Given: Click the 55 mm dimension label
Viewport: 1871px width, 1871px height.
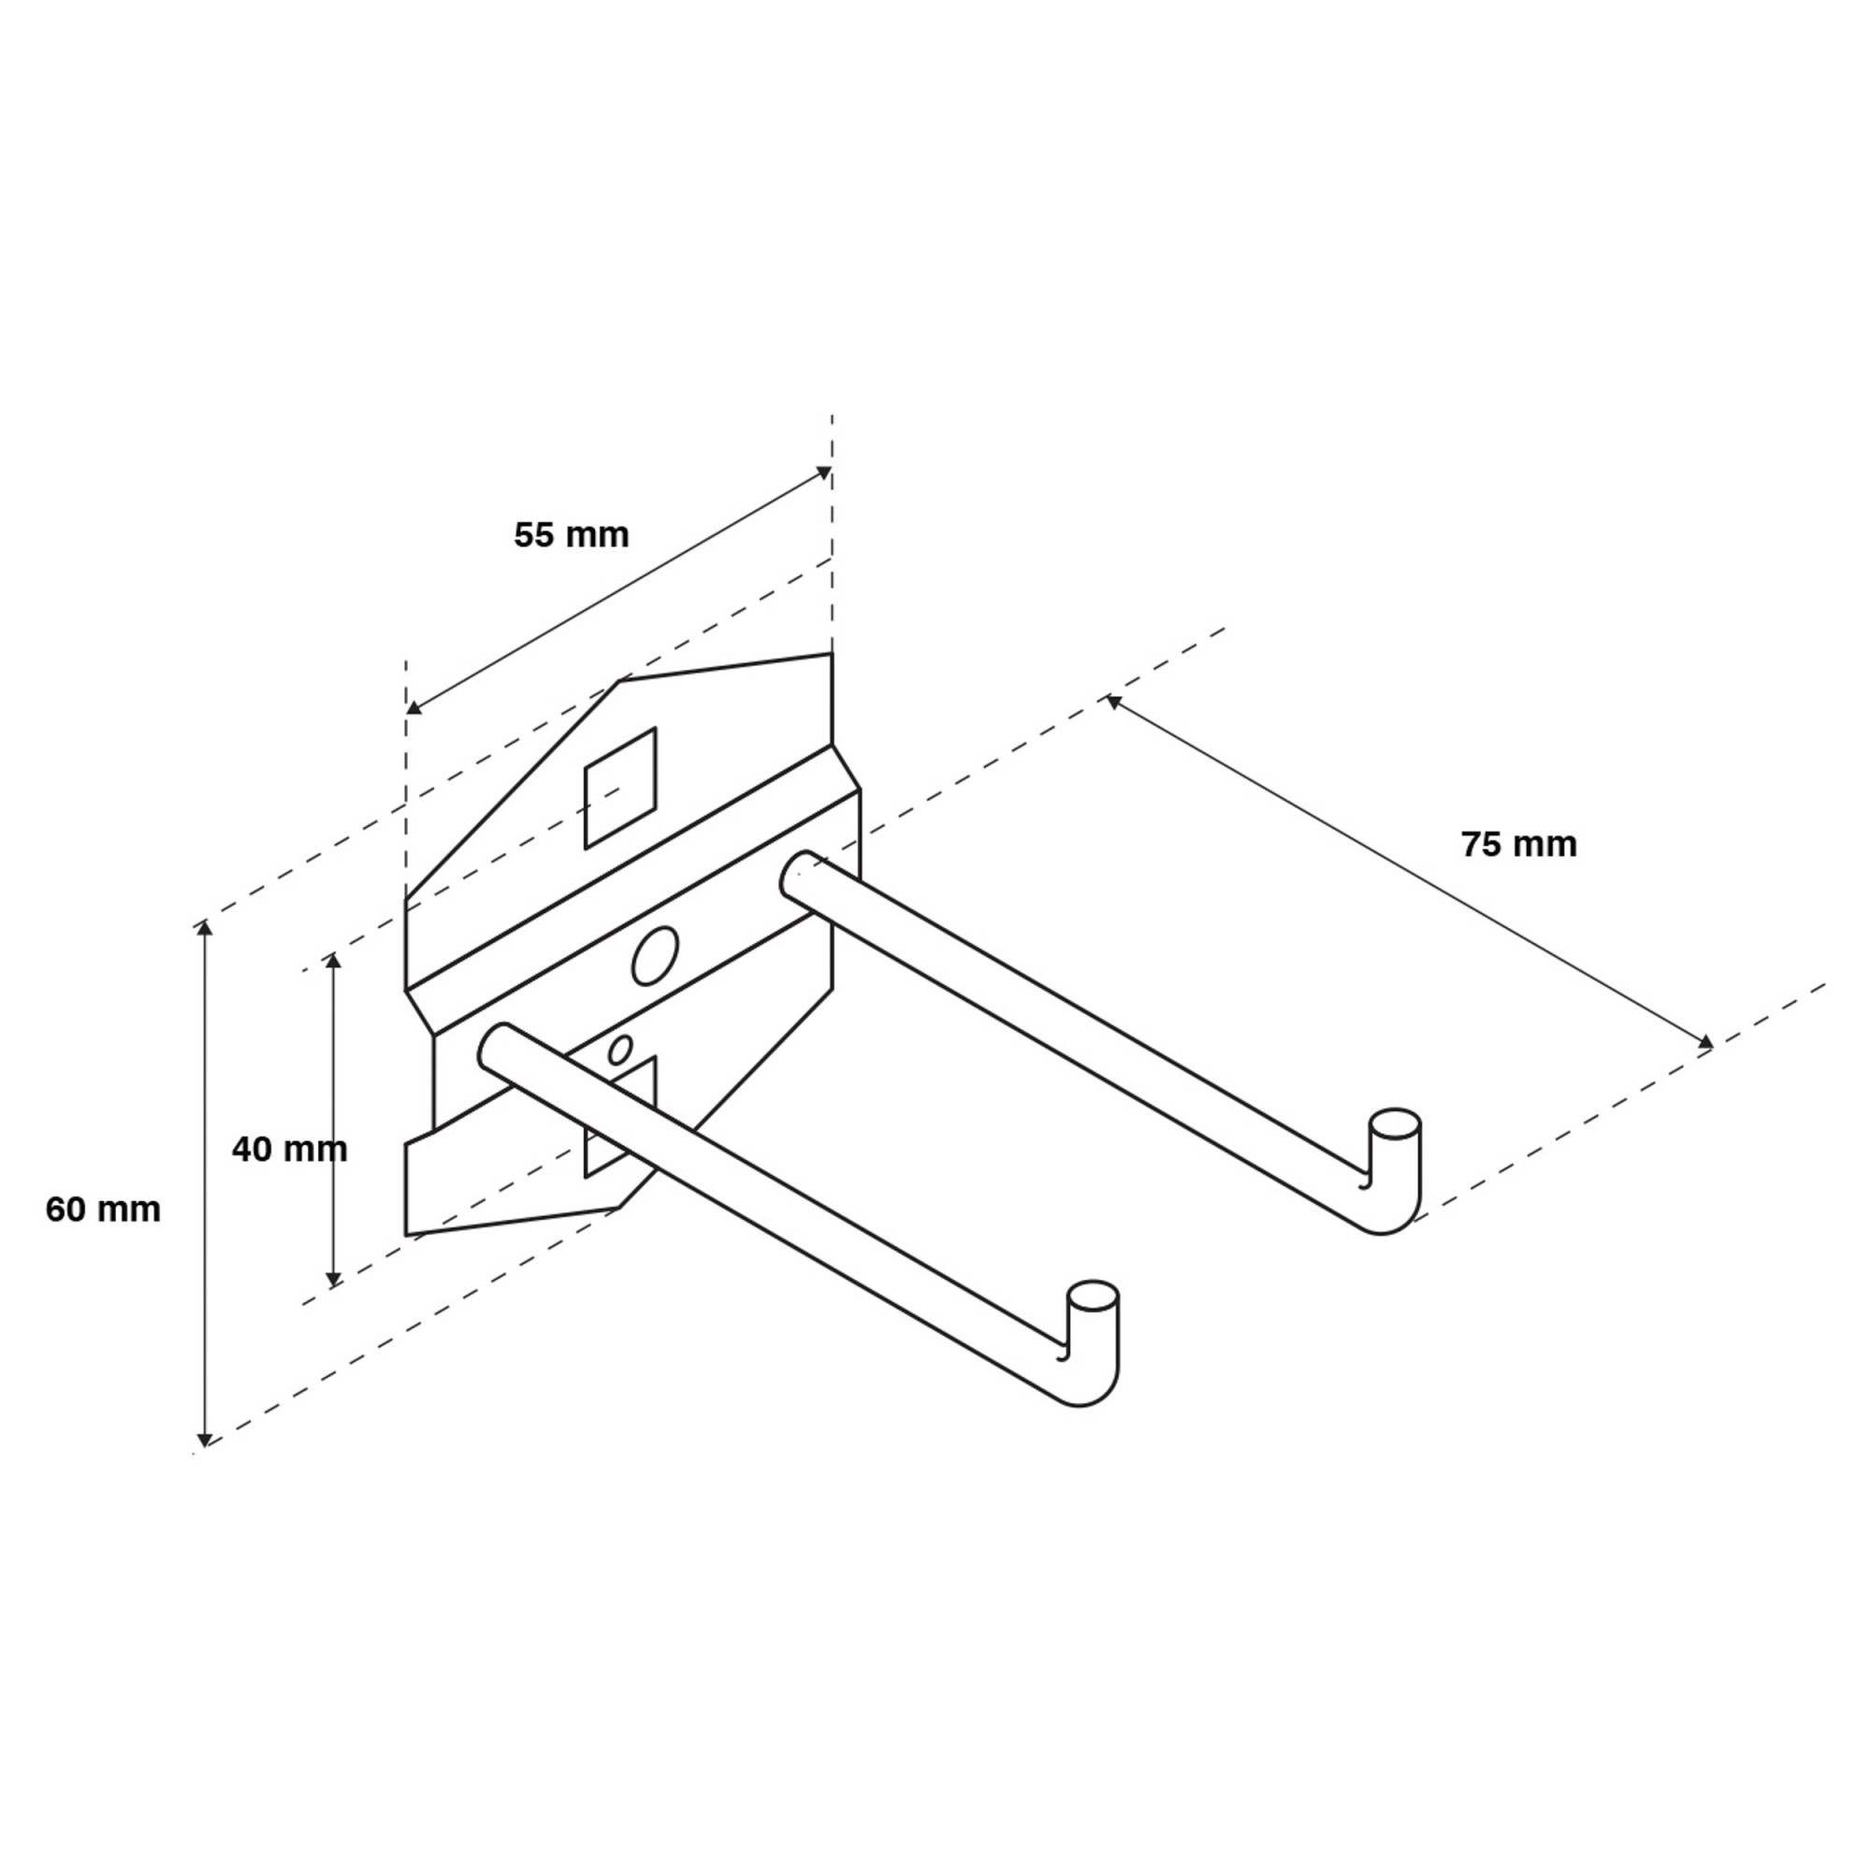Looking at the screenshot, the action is (x=572, y=534).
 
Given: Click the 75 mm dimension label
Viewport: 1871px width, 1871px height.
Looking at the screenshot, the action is (x=1519, y=845).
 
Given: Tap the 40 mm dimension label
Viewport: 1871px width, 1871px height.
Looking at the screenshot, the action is (x=290, y=1150).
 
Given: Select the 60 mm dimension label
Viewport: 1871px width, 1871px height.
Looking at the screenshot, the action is (x=104, y=1210).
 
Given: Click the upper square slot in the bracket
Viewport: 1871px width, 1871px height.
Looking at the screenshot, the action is (x=621, y=789).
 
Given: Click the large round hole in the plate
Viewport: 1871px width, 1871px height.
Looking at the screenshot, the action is (x=655, y=956).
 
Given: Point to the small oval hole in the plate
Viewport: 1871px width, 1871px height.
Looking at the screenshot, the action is (x=621, y=1050).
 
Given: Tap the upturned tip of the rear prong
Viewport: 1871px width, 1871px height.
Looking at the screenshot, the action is (x=1395, y=1123).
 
